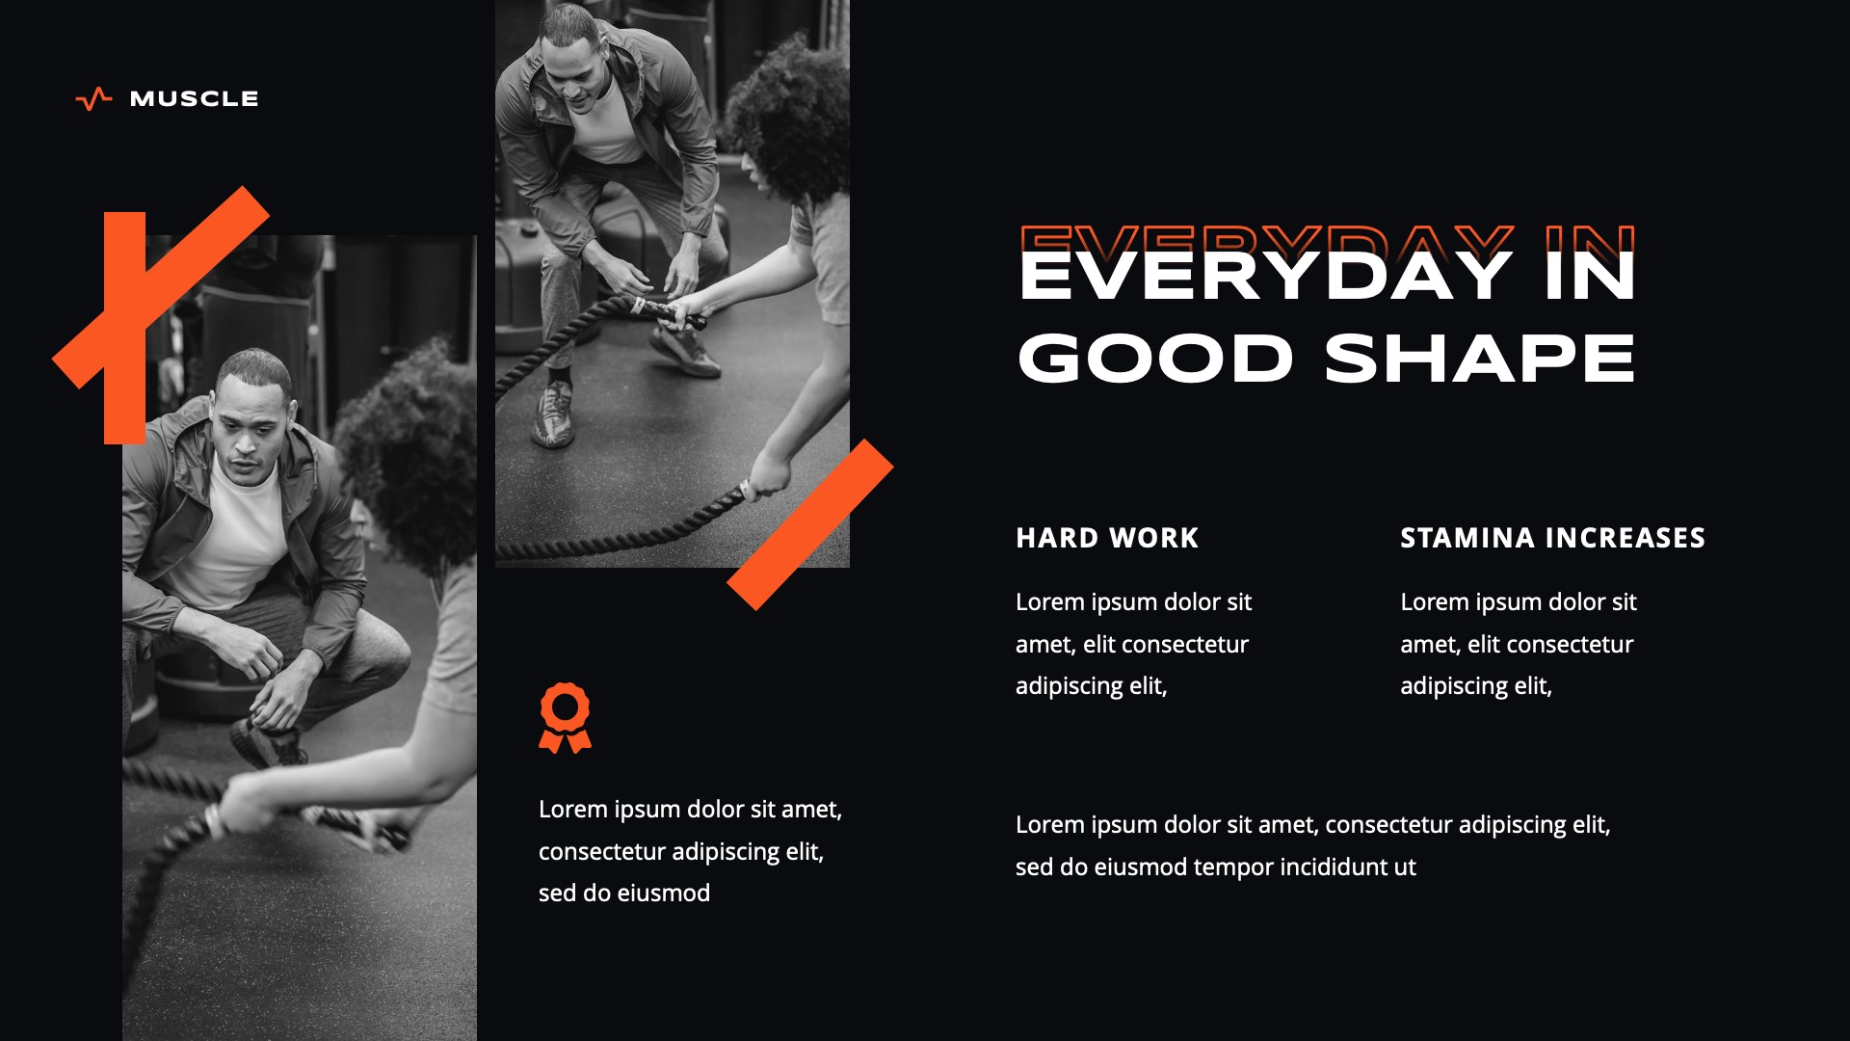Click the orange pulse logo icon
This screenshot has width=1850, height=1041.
point(93,99)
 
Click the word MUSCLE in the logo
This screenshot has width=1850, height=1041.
point(194,99)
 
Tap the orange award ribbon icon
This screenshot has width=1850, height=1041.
point(565,718)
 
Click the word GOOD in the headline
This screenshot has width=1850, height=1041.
point(1154,360)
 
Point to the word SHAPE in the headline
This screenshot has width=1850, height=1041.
point(1480,360)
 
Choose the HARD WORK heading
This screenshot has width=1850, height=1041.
point(1107,538)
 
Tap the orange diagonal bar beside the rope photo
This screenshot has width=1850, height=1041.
point(810,524)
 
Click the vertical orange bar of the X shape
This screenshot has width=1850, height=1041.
point(124,328)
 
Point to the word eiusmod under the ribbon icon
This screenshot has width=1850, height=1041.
point(663,894)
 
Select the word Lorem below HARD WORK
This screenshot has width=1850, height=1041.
point(1049,602)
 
